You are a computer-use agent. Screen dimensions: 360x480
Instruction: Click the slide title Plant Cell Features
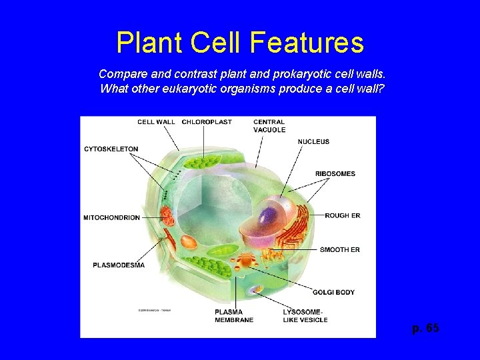tap(240, 43)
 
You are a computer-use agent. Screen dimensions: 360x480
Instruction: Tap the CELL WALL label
tap(156, 122)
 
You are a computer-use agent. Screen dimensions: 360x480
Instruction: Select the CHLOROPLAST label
tap(207, 122)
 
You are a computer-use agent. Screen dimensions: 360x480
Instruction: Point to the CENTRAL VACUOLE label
tap(269, 126)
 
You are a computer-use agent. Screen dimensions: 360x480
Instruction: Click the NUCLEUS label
tap(313, 141)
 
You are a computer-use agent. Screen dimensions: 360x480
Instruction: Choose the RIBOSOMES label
tap(335, 174)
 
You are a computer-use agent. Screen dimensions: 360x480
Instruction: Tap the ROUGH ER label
tap(342, 215)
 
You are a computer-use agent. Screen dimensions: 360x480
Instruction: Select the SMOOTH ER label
tap(339, 249)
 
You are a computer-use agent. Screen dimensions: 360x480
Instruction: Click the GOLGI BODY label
tap(333, 292)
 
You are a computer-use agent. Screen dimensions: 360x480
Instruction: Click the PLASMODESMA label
tap(118, 265)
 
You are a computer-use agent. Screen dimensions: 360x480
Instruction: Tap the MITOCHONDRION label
tap(111, 217)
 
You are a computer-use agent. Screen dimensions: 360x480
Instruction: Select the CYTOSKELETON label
tap(111, 149)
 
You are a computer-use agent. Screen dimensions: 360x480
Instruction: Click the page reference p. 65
tap(425, 329)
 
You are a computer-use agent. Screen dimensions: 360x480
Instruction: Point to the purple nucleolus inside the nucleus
tap(269, 217)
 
